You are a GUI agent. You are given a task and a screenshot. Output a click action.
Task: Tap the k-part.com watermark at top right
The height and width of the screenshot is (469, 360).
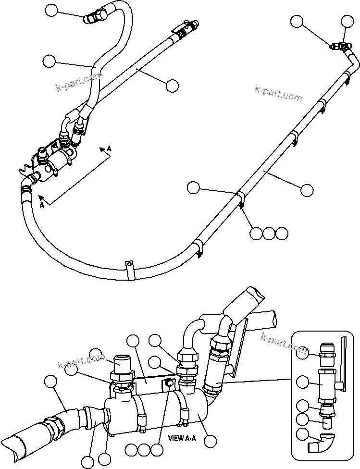coord(279,94)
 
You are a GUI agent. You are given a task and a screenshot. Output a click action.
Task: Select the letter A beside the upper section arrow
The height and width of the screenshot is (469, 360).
coord(109,149)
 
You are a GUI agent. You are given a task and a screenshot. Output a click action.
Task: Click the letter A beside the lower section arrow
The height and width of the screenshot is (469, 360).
coord(42,205)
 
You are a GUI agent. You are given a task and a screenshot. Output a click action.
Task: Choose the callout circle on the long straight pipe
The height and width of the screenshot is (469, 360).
coord(307,190)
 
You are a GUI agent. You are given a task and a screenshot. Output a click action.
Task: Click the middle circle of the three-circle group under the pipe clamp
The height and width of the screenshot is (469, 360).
coord(269,233)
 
